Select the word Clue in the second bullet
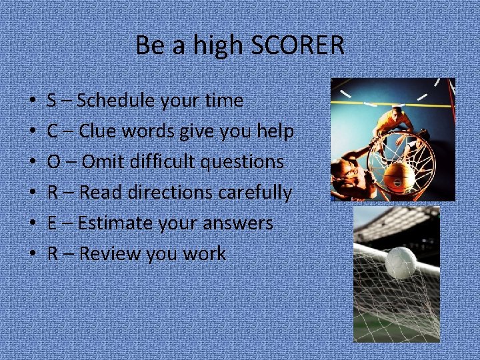(97, 131)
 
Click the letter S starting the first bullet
(51, 101)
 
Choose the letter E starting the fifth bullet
(51, 223)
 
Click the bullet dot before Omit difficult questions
(33, 163)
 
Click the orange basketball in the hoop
(401, 174)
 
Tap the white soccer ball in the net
(401, 262)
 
